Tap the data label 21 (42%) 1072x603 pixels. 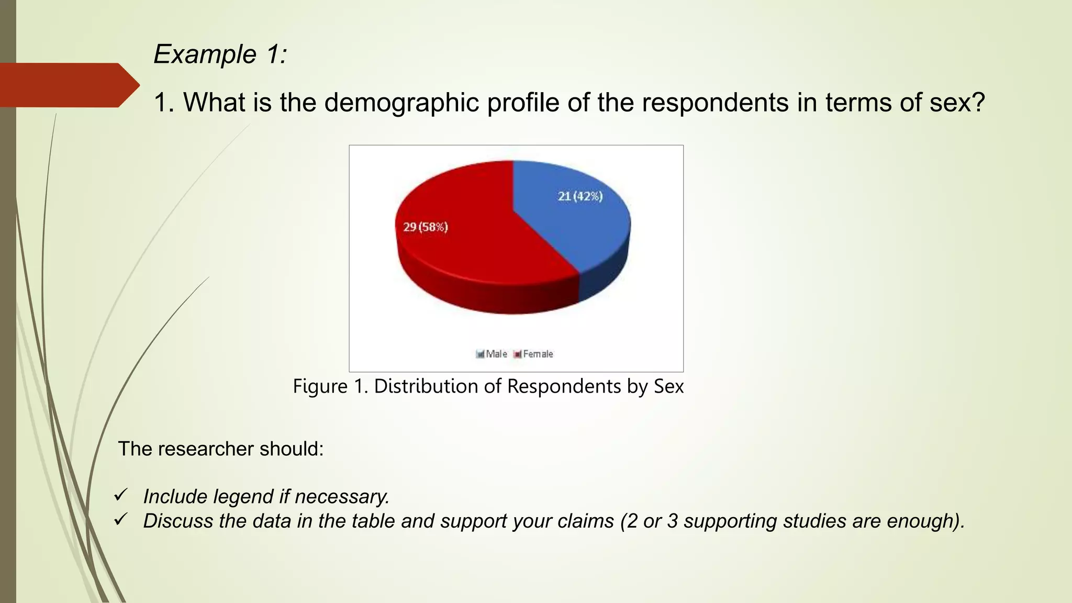[x=580, y=196]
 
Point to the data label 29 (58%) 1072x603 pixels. [x=425, y=227]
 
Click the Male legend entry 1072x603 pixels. [x=492, y=354]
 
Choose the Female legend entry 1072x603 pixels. [x=533, y=354]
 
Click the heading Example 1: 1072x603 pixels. [x=220, y=54]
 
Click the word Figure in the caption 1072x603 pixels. [x=320, y=386]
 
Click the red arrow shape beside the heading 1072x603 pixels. [x=68, y=85]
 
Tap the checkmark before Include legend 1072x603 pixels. [x=121, y=495]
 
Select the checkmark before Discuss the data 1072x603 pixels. [x=121, y=519]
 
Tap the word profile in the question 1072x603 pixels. [x=523, y=102]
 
